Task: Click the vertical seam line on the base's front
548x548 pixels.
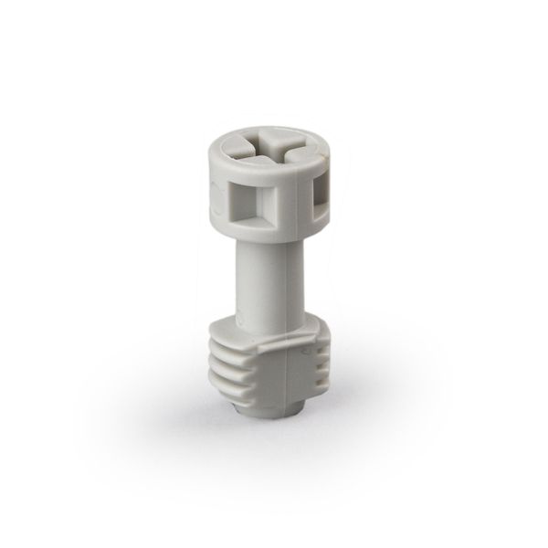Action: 289,384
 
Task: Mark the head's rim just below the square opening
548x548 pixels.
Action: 251,231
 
